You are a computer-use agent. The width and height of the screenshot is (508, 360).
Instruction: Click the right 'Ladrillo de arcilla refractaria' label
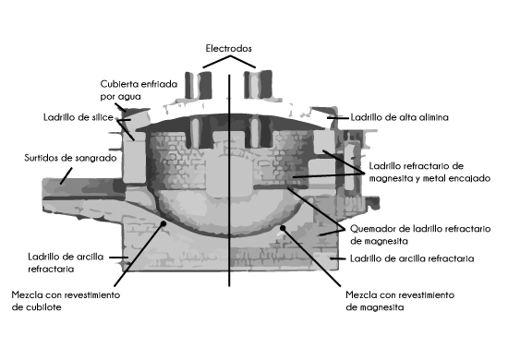pyautogui.click(x=408, y=259)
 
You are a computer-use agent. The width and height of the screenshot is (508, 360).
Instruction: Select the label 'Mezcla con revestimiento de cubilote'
pyautogui.click(x=66, y=302)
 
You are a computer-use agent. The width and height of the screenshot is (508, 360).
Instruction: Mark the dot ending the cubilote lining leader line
pyautogui.click(x=163, y=222)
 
